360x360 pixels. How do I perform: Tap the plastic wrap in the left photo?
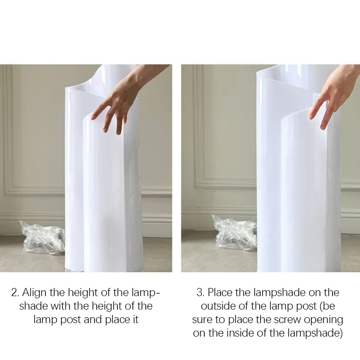(x=42, y=238)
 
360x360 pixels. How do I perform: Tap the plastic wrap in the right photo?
(x=234, y=232)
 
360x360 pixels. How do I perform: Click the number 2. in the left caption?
(x=15, y=293)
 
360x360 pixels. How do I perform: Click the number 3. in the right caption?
(x=201, y=293)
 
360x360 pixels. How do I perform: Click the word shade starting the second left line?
(x=33, y=306)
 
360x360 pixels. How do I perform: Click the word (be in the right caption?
(x=328, y=306)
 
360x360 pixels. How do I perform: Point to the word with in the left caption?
(x=60, y=306)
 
